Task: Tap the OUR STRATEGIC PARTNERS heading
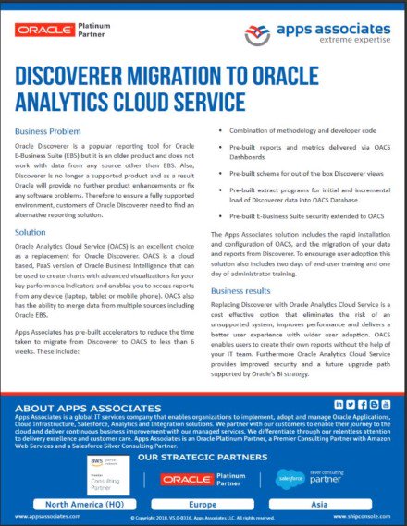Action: pyautogui.click(x=198, y=457)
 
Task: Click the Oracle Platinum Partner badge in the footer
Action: pyautogui.click(x=198, y=479)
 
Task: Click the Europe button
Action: pyautogui.click(x=203, y=506)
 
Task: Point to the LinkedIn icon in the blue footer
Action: pyautogui.click(x=339, y=405)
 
